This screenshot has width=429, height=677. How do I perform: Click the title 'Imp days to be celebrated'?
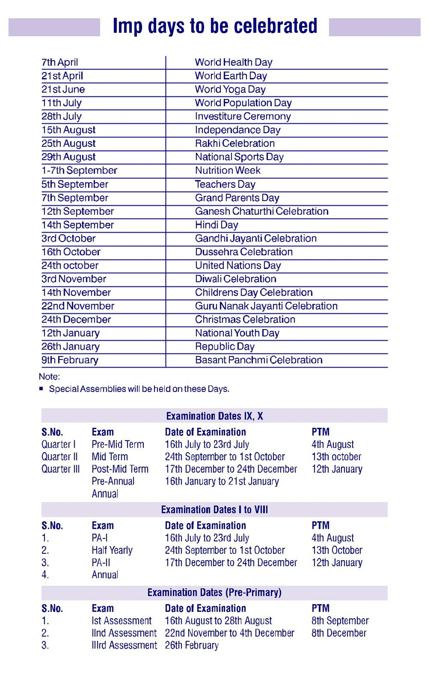click(x=215, y=26)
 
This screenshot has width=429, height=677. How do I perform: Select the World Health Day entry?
click(x=233, y=63)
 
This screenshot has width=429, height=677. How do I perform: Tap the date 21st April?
click(x=62, y=76)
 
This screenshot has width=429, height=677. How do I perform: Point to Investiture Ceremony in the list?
click(x=243, y=116)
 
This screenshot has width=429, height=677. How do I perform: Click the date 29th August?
click(x=68, y=157)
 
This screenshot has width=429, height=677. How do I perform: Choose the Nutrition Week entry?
click(x=227, y=170)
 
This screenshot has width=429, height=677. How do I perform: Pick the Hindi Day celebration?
click(x=216, y=225)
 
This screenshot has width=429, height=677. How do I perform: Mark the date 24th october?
click(x=70, y=265)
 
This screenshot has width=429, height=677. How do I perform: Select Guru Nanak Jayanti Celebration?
click(x=266, y=306)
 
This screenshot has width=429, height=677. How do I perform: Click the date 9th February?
click(x=70, y=360)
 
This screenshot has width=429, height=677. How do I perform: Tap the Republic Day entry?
click(x=224, y=346)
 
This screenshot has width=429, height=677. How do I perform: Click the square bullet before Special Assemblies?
click(x=41, y=389)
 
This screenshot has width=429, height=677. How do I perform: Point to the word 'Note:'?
click(x=49, y=377)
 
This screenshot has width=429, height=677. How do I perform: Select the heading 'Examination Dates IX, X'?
click(x=214, y=416)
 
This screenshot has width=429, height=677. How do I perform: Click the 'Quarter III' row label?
click(x=60, y=469)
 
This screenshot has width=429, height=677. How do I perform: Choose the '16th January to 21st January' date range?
click(x=222, y=481)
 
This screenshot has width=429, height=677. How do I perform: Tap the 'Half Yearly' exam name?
click(x=112, y=550)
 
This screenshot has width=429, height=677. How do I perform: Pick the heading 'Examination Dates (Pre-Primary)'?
click(x=214, y=593)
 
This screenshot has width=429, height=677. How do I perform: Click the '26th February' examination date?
click(x=192, y=645)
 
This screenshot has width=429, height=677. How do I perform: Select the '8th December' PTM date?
click(x=339, y=633)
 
